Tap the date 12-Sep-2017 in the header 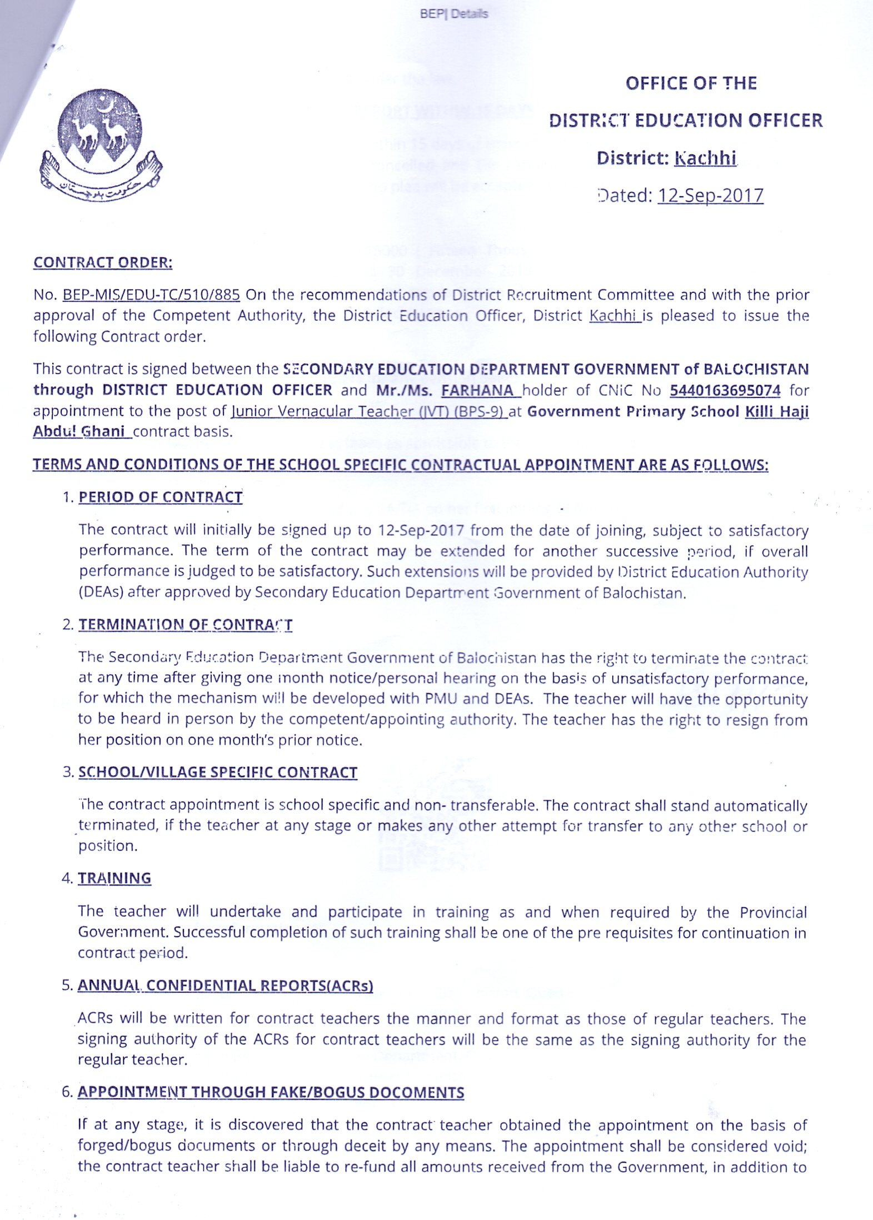click(710, 196)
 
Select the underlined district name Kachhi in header click(705, 158)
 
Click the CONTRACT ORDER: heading click(103, 262)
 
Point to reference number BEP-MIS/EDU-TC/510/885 click(151, 295)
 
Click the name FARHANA click(477, 390)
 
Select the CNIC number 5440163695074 click(725, 390)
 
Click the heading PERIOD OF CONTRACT click(160, 497)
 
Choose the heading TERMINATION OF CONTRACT click(185, 625)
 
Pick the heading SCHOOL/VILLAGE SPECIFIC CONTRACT click(217, 772)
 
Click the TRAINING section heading click(114, 878)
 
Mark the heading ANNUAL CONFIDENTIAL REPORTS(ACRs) click(225, 985)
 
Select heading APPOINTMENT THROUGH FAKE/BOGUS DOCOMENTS click(271, 1092)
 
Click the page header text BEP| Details click(454, 14)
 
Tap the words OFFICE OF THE click(691, 83)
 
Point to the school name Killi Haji click(776, 411)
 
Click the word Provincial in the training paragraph click(772, 913)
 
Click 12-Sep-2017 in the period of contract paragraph click(421, 530)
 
